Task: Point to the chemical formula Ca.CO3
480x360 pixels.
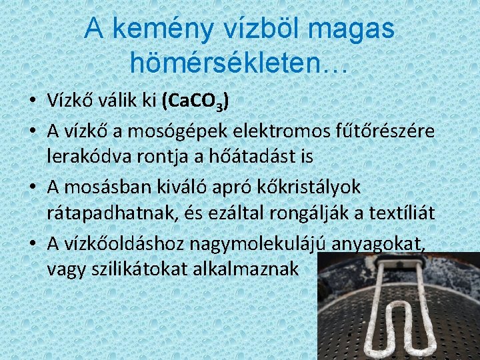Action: tap(194, 101)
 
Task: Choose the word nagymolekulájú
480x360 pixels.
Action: tap(267, 244)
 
